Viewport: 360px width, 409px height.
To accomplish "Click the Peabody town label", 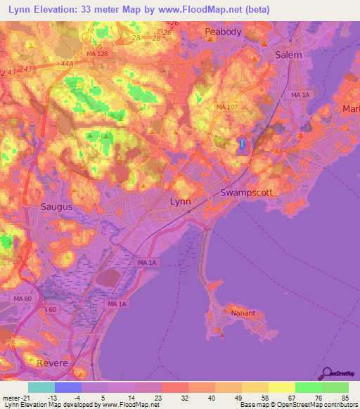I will [x=223, y=32].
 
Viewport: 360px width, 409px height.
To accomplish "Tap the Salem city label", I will [x=288, y=55].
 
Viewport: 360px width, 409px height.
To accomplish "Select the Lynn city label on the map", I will [x=181, y=202].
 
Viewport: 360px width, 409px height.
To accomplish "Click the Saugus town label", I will [x=56, y=207].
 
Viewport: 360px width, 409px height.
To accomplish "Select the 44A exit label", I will [x=67, y=63].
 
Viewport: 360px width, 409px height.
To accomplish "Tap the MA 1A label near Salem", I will [x=300, y=94].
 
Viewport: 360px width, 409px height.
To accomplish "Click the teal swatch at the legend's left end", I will [x=41, y=387].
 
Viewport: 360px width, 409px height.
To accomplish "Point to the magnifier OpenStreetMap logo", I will [x=326, y=374].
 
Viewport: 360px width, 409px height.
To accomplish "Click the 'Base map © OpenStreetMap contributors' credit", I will [x=299, y=405].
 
